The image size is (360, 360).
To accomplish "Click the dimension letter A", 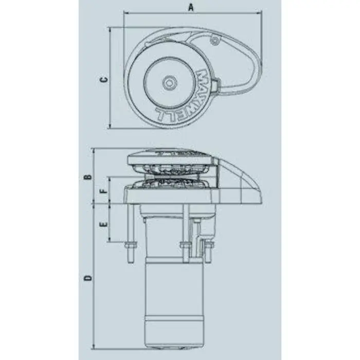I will click(191, 7).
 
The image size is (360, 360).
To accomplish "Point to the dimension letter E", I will click(103, 225).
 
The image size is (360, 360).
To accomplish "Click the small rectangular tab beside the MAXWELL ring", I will click(218, 84).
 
